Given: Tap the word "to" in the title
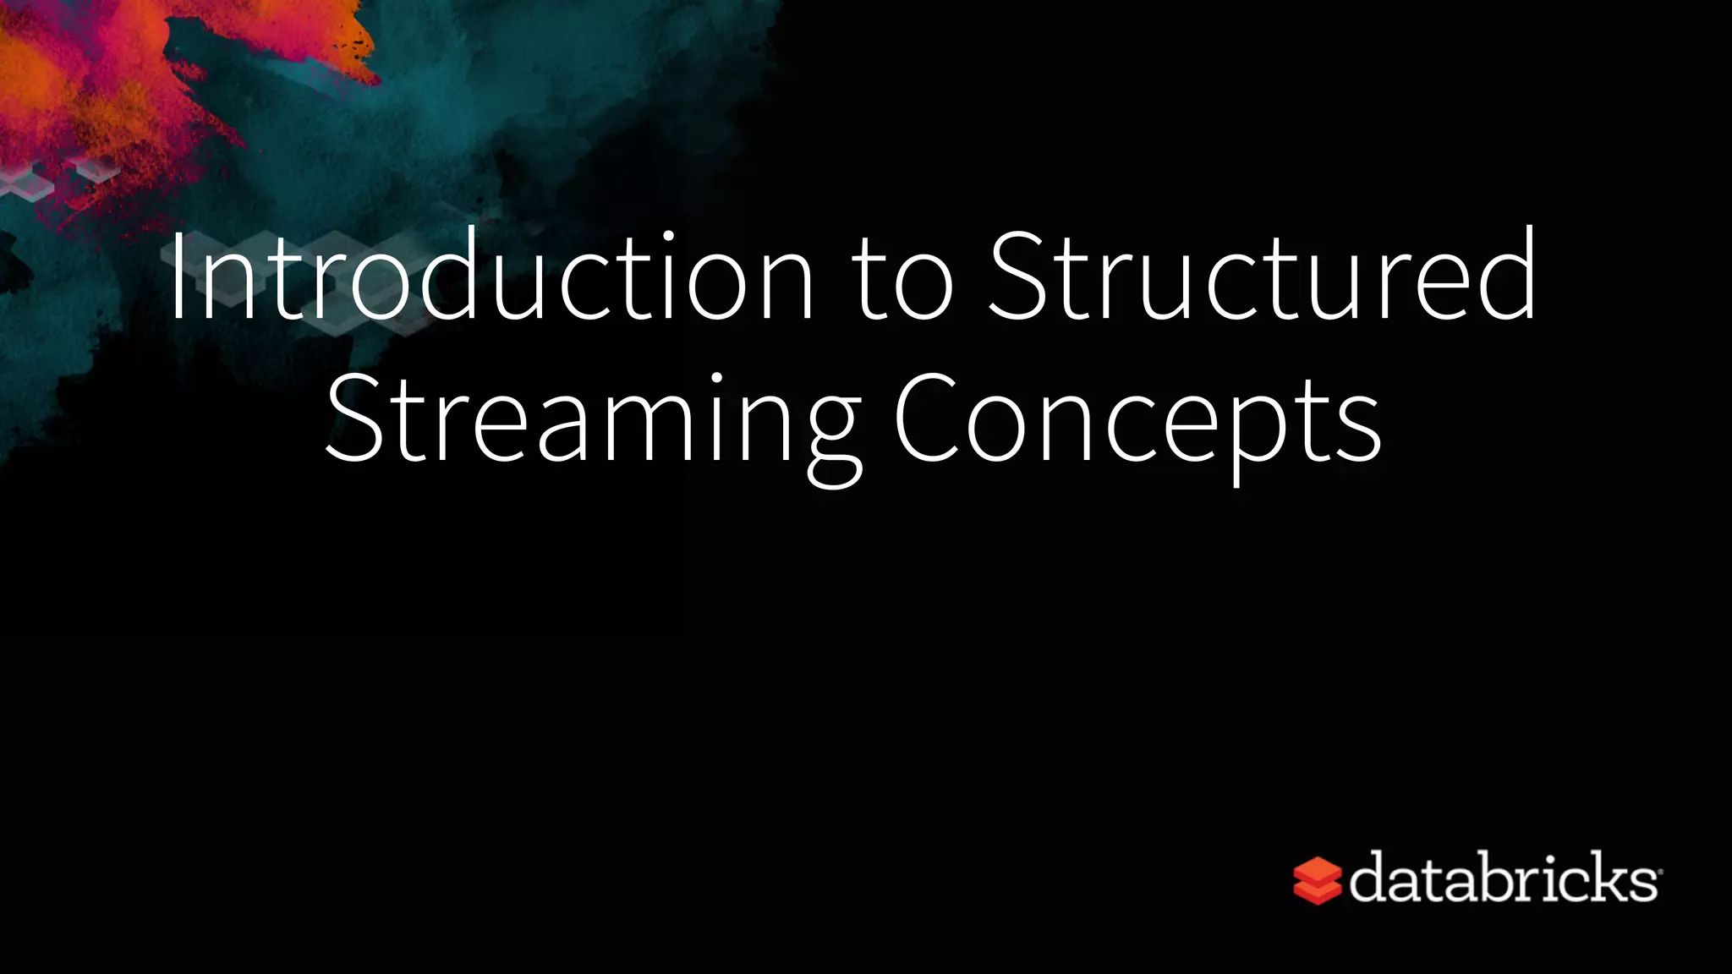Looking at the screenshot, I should click(x=904, y=279).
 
